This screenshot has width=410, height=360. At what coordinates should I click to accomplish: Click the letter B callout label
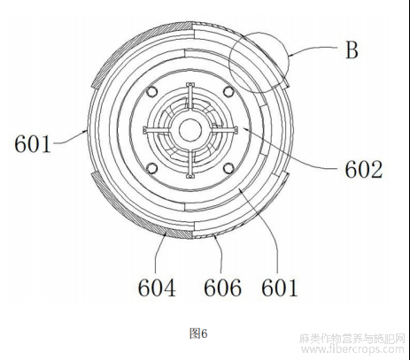(x=352, y=50)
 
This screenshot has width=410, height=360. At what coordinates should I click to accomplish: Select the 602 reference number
(x=364, y=170)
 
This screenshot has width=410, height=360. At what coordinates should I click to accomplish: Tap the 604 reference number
(x=157, y=287)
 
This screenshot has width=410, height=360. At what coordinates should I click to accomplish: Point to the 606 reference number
(x=222, y=287)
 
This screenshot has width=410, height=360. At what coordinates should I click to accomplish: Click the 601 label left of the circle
(x=33, y=144)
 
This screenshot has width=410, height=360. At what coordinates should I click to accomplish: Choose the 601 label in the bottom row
(x=279, y=287)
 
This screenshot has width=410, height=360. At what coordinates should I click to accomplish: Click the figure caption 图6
(x=198, y=333)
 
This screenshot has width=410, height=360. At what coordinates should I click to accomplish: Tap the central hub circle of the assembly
(x=190, y=130)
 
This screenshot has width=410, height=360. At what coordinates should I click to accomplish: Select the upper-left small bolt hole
(x=152, y=91)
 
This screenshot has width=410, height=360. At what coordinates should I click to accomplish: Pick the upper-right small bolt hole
(x=228, y=91)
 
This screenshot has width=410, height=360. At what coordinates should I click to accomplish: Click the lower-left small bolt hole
(x=152, y=168)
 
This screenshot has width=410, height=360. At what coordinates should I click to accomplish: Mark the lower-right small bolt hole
(x=228, y=168)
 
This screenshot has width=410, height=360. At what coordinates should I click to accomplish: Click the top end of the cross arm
(x=190, y=85)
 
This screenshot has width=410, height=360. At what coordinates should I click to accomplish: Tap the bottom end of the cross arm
(x=190, y=176)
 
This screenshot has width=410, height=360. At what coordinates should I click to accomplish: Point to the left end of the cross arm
(x=145, y=130)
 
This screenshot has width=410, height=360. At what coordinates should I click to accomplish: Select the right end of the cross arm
(x=236, y=130)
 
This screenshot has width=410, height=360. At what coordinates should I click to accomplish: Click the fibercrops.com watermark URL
(x=352, y=349)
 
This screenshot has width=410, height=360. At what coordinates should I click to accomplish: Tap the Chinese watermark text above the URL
(x=352, y=339)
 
